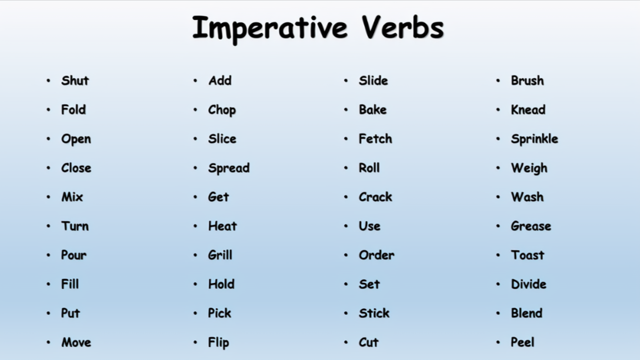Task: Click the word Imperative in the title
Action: pos(270,29)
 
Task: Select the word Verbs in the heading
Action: pos(402,27)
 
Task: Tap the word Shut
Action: pos(75,81)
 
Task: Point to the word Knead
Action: pos(528,109)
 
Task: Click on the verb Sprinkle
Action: pos(534,139)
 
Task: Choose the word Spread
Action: pos(229,168)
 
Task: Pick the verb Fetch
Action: pos(375,139)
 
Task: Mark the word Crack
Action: pos(375,196)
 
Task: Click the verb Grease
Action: pos(531,226)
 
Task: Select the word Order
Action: pos(376,255)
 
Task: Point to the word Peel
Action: pos(522,342)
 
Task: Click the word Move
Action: pos(76,342)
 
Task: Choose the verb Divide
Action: pos(529,284)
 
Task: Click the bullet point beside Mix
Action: pos(49,197)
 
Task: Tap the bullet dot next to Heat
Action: pos(195,226)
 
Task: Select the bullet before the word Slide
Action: pos(346,81)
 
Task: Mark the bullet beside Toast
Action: pos(498,255)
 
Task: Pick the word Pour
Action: pos(74,255)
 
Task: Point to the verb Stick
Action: pos(374,313)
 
